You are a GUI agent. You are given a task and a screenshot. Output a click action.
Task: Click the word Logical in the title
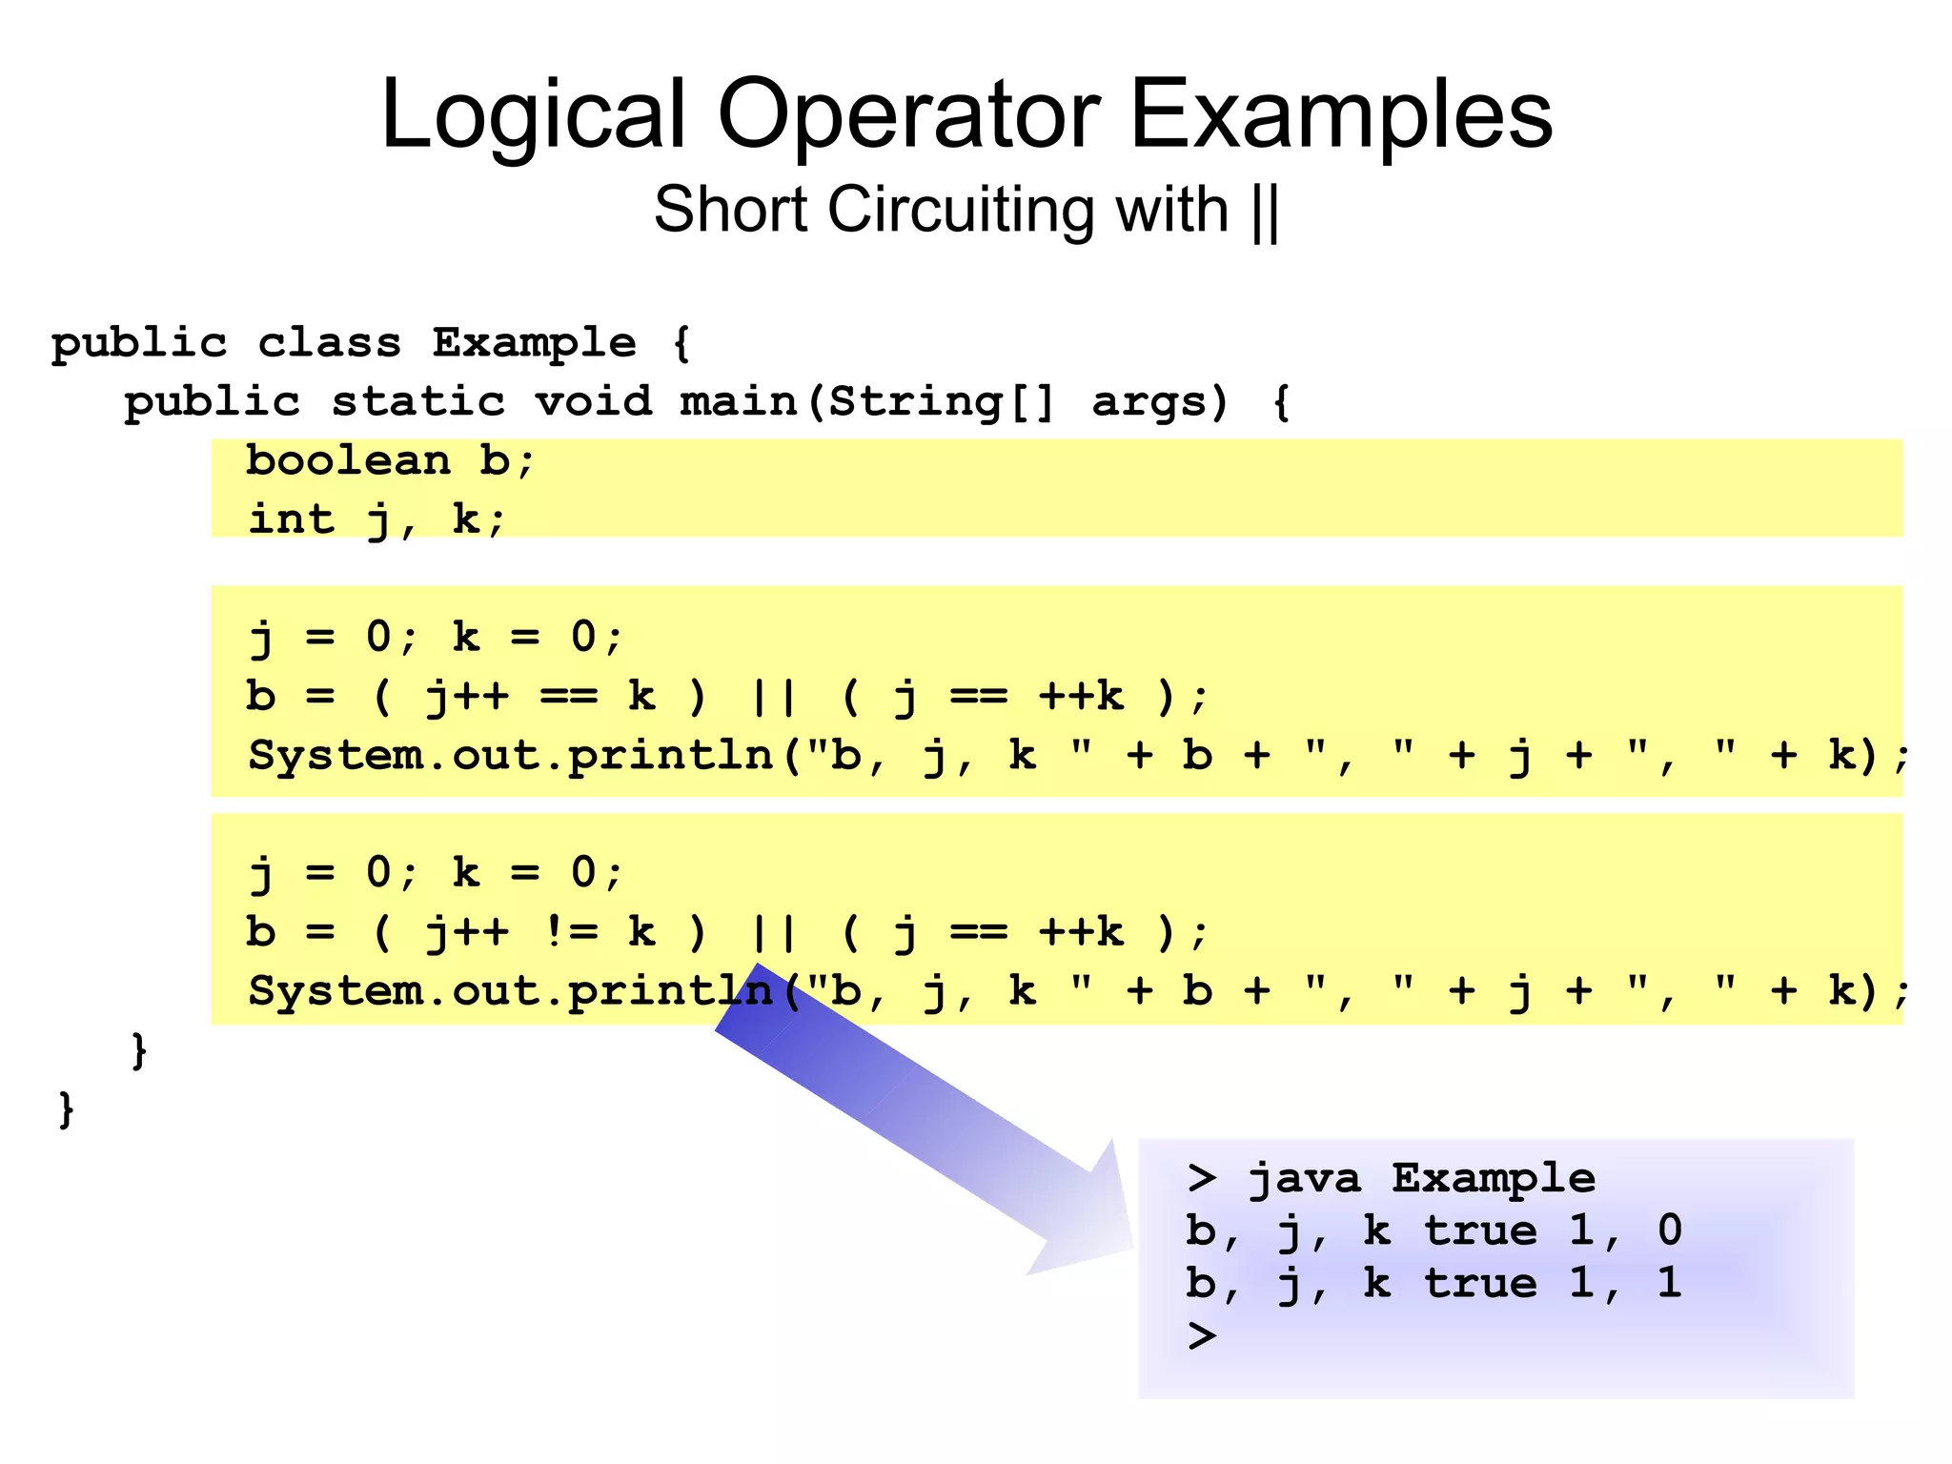[533, 116]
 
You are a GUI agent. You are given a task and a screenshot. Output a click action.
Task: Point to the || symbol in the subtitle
[1266, 212]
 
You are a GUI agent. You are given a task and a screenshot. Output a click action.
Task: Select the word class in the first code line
[329, 343]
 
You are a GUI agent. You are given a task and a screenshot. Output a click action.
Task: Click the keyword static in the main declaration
[417, 402]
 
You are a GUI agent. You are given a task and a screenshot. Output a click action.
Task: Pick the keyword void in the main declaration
[593, 402]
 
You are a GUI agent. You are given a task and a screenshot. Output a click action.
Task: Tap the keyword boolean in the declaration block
[348, 461]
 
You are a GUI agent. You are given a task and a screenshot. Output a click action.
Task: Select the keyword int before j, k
[292, 520]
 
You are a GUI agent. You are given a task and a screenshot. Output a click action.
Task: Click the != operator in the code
[570, 931]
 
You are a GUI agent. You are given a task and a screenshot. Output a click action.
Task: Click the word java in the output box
[1304, 1179]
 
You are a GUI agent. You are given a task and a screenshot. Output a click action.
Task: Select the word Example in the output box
[1493, 1179]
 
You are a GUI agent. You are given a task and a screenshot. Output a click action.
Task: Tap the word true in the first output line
[1480, 1231]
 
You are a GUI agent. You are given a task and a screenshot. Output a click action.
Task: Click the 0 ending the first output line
[1669, 1230]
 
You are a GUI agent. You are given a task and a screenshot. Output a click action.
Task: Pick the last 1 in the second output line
[1669, 1283]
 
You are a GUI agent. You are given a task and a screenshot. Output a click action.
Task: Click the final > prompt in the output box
[1202, 1336]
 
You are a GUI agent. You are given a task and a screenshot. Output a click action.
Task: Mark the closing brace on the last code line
[66, 1109]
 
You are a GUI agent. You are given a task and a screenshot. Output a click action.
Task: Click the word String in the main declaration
[915, 402]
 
